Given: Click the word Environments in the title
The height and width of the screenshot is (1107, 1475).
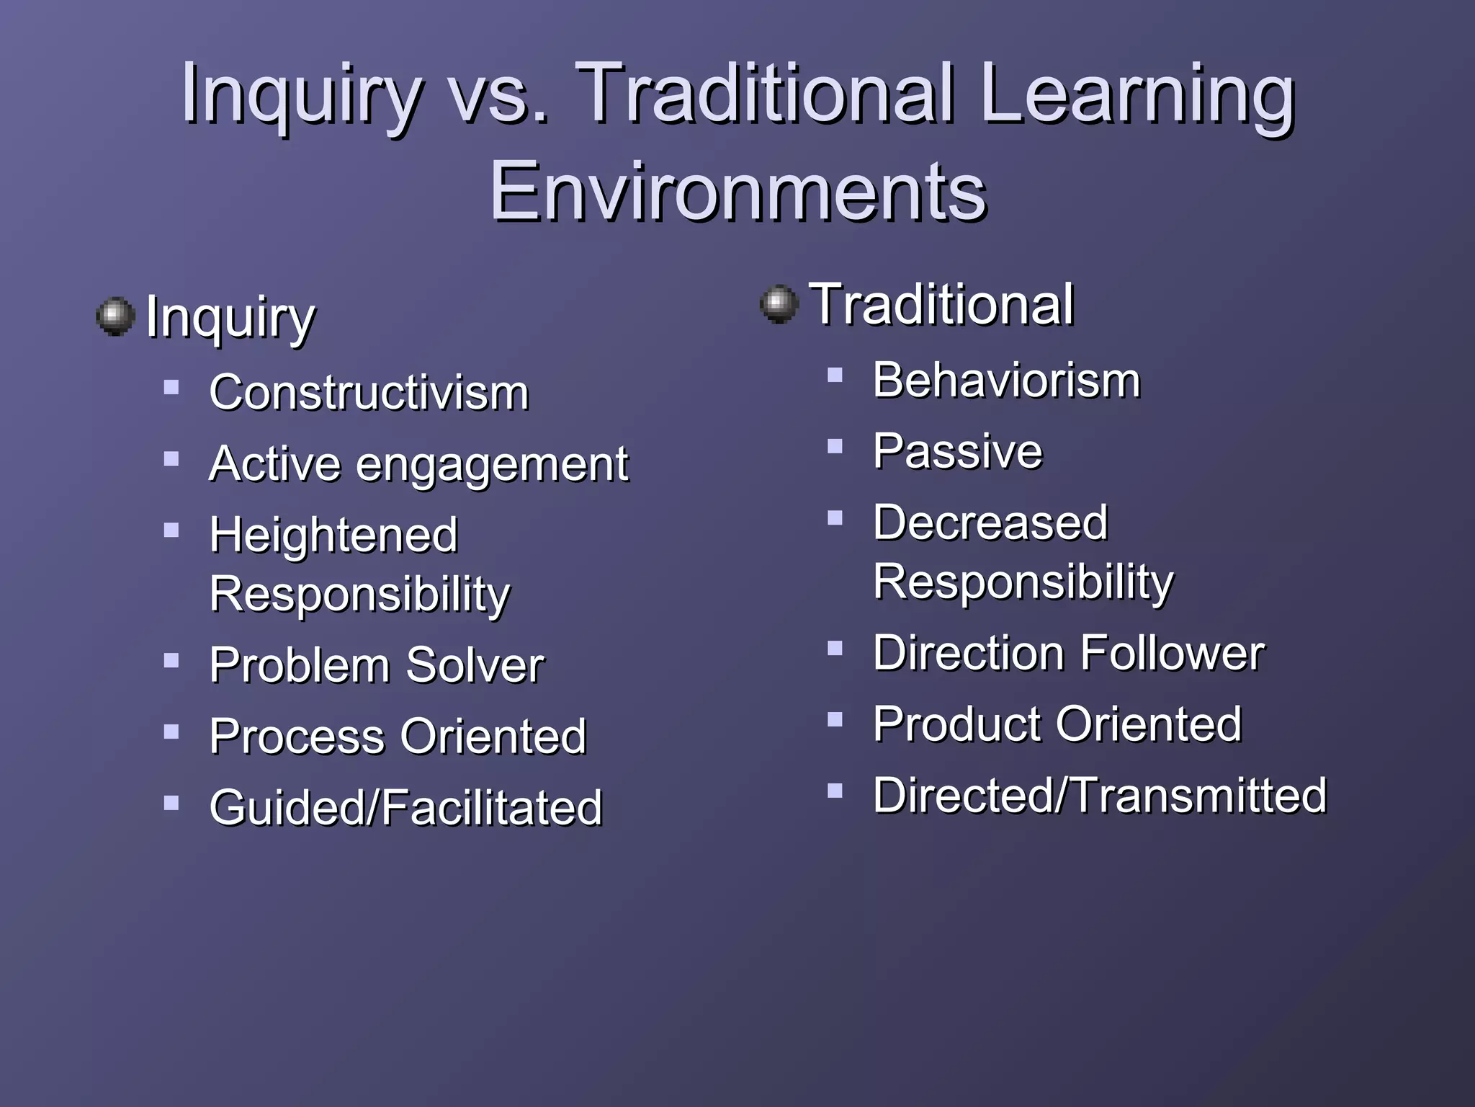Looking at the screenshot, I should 737,192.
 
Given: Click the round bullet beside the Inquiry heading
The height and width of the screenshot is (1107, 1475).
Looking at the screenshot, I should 115,316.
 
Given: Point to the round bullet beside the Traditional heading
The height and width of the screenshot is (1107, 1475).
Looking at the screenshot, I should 779,304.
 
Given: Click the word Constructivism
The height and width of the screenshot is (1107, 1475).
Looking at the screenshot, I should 369,393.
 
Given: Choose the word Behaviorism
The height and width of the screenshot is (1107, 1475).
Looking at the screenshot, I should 1006,380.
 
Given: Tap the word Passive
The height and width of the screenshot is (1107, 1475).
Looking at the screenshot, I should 957,451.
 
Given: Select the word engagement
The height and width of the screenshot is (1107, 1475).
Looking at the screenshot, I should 492,465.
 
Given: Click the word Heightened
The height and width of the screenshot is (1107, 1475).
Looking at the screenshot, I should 333,535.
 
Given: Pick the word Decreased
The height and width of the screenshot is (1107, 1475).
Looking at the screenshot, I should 990,522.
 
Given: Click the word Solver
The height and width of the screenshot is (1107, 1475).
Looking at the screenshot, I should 475,664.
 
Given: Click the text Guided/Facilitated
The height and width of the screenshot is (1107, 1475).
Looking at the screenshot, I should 405,807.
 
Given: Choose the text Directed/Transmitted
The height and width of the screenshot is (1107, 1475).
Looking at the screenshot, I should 1100,795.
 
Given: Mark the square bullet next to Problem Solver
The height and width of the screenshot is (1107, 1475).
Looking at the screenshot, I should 171,660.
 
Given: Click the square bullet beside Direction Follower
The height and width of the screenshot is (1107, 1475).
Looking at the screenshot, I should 835,648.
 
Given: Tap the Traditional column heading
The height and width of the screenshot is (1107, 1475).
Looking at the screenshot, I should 941,305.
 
